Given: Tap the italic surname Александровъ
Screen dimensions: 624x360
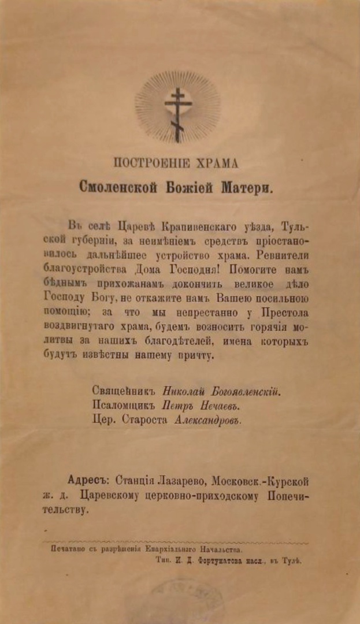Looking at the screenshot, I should [207, 420].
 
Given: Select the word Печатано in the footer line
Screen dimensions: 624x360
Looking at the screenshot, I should [68, 548].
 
